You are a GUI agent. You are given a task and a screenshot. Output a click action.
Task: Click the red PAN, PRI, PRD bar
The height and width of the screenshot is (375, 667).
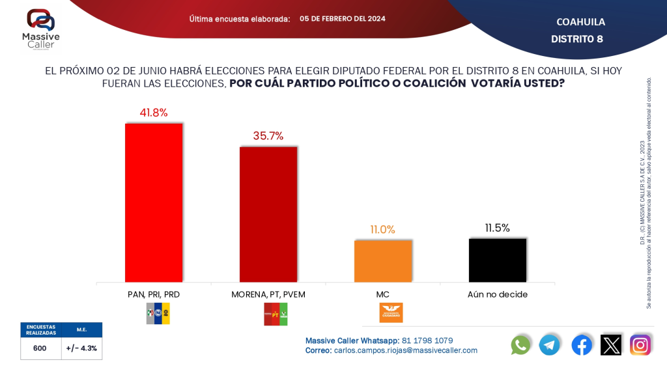154,202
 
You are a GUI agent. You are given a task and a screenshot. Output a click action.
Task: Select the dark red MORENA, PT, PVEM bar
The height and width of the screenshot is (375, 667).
268,214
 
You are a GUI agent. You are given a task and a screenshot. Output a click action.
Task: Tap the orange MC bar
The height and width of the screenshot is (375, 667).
383,261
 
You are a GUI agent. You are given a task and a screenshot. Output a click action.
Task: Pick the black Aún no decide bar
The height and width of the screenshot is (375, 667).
497,260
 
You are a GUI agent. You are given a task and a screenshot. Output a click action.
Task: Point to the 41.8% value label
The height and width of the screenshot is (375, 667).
154,113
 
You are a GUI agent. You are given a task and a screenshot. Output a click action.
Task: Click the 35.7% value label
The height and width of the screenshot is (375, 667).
268,136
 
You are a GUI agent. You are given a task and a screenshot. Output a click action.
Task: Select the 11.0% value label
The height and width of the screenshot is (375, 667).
383,229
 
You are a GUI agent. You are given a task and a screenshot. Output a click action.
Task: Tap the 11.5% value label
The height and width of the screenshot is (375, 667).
497,228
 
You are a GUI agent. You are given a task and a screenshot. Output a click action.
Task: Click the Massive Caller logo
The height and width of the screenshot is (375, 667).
40,29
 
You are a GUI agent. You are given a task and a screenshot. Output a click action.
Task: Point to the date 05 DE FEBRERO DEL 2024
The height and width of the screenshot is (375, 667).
343,19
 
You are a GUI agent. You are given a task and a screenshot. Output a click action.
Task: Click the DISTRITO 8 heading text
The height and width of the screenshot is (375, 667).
576,39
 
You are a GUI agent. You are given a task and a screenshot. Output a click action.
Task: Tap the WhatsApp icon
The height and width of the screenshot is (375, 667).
520,344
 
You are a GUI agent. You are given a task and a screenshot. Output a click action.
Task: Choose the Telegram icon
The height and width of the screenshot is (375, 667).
550,344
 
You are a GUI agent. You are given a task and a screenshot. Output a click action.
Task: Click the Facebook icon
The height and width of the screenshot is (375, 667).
582,344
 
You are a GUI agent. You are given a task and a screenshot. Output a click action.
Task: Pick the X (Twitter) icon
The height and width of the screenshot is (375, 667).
611,344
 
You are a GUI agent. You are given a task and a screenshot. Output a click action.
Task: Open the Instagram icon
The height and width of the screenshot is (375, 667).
640,344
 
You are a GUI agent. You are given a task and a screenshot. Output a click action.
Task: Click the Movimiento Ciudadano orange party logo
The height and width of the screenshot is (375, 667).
391,312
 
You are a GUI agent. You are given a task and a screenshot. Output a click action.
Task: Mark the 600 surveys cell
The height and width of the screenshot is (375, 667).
40,348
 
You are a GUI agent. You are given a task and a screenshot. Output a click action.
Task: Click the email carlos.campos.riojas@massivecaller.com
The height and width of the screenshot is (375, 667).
405,350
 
